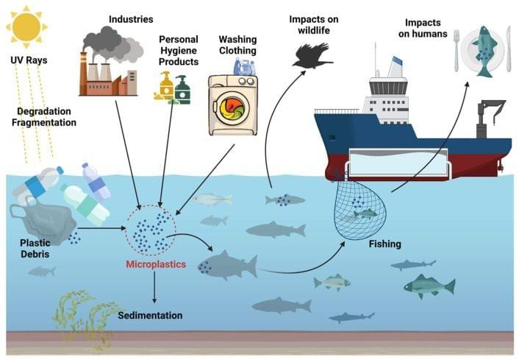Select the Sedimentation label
click(x=151, y=315)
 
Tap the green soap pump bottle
click(x=182, y=90)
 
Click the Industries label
click(x=132, y=17)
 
